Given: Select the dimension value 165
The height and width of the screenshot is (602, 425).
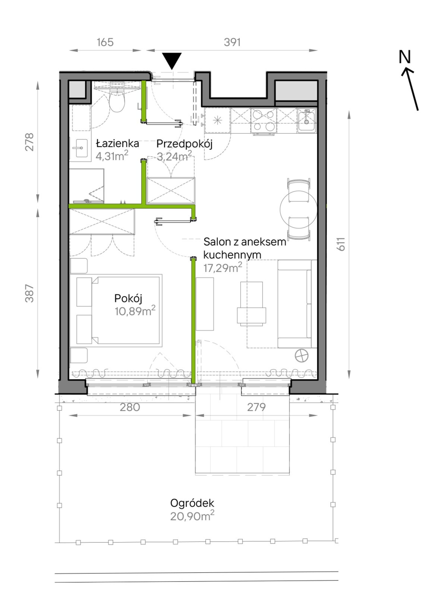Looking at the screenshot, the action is pos(105,42).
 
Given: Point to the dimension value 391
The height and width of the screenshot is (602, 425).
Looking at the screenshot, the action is pos(232,42).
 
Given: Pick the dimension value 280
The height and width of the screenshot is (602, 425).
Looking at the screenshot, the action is pos(130,407).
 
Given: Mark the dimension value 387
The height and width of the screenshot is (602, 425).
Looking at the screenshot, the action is pos(29,294).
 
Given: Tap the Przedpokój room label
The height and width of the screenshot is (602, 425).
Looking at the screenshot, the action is pos(185,144).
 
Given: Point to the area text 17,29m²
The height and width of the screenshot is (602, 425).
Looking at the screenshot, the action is pos(223,268).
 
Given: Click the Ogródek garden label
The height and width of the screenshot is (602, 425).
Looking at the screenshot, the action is pos(192,503).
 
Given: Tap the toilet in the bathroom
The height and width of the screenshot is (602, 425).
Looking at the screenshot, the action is pos(117,101).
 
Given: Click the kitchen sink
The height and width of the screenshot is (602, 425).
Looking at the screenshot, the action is pos(307,121).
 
